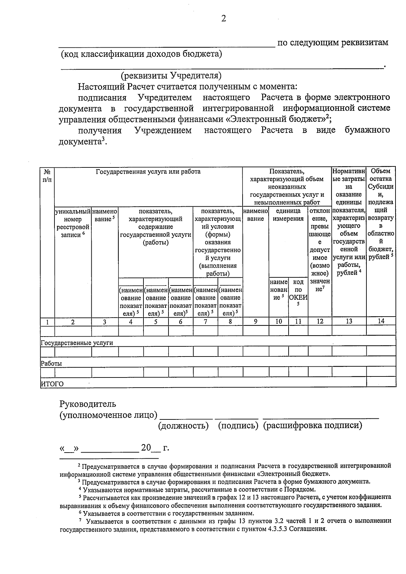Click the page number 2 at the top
point(223,19)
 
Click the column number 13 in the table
point(349,321)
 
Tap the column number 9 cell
point(256,322)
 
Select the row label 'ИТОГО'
point(52,384)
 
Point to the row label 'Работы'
point(51,364)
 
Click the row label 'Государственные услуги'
point(77,343)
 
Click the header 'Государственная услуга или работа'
point(148,171)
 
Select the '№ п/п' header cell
point(47,176)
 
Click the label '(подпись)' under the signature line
point(239,426)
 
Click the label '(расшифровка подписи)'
point(313,426)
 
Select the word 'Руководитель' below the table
point(88,404)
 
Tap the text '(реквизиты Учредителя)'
point(171,75)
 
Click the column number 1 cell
point(47,322)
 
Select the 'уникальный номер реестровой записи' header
point(72,223)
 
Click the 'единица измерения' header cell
point(288,215)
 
